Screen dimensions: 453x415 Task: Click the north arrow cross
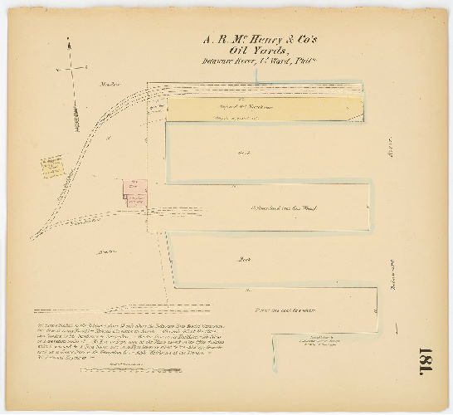point(72,67)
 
